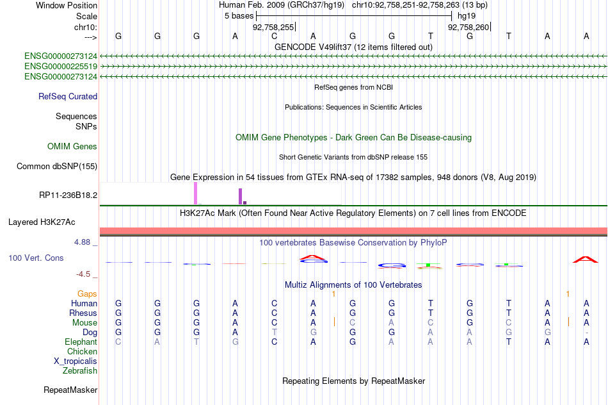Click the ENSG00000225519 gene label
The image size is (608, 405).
pyautogui.click(x=61, y=67)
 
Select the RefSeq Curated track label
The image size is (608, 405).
pyautogui.click(x=68, y=96)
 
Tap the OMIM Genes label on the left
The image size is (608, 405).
pyautogui.click(x=72, y=146)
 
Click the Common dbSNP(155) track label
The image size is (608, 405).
pyautogui.click(x=57, y=166)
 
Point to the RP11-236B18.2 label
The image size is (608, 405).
pyautogui.click(x=68, y=195)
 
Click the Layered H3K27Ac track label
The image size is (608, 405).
pyautogui.click(x=42, y=222)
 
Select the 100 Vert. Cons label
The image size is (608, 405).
pyautogui.click(x=36, y=258)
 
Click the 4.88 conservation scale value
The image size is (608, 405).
pyautogui.click(x=82, y=242)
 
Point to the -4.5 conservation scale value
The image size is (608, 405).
pyautogui.click(x=83, y=274)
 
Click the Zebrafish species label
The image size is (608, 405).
pyautogui.click(x=80, y=370)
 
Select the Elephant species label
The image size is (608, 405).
pyautogui.click(x=81, y=342)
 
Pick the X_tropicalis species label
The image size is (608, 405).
pyautogui.click(x=76, y=361)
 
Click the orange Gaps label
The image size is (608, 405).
pyautogui.click(x=87, y=294)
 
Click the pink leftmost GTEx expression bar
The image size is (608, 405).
pyautogui.click(x=196, y=194)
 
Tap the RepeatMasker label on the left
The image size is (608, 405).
pyautogui.click(x=70, y=390)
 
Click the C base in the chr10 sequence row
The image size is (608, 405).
pyautogui.click(x=274, y=36)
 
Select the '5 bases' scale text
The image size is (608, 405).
pyautogui.click(x=239, y=16)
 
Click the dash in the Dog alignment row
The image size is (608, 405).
pyautogui.click(x=587, y=333)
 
